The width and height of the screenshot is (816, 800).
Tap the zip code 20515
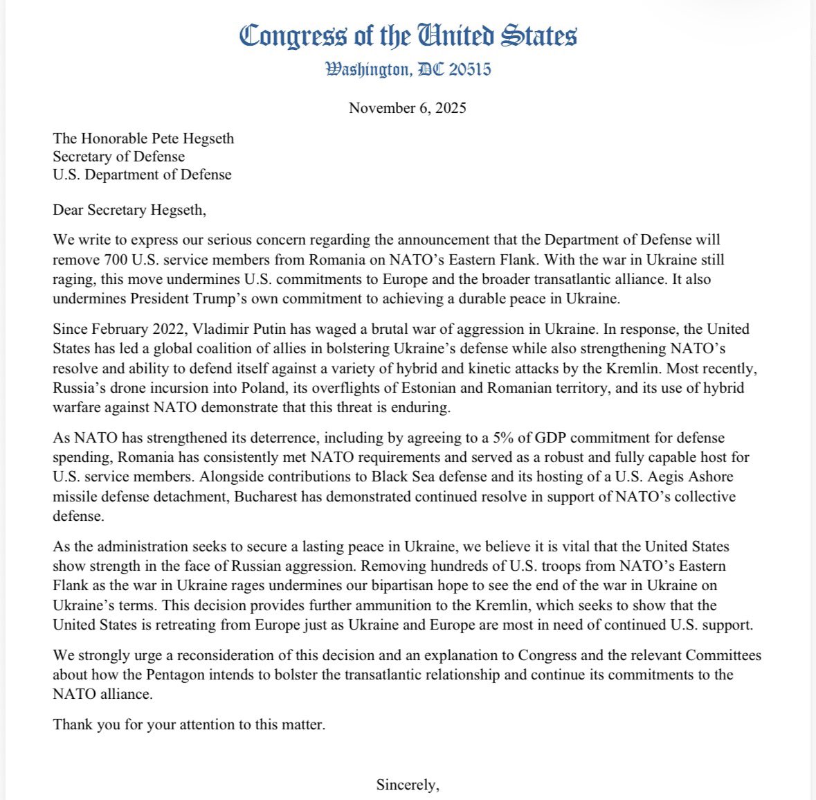point(470,69)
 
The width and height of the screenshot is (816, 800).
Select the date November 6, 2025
point(407,108)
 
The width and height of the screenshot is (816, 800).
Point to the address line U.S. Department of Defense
point(142,175)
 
